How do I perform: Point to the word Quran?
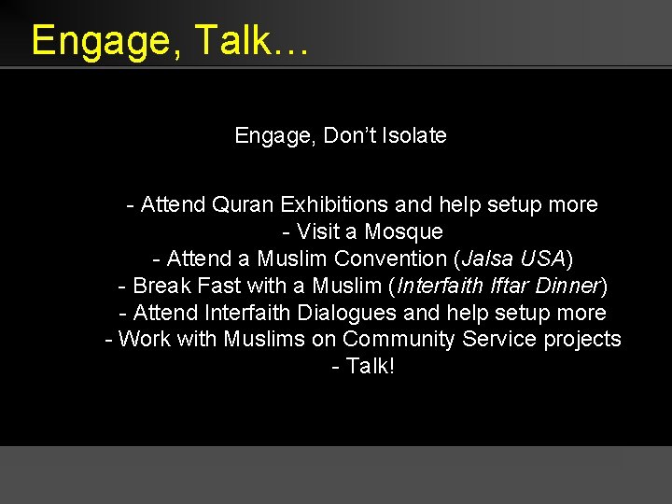click(244, 204)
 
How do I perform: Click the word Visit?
click(317, 231)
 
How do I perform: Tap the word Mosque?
click(403, 231)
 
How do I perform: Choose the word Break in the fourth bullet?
click(162, 286)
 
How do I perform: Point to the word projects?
click(581, 339)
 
